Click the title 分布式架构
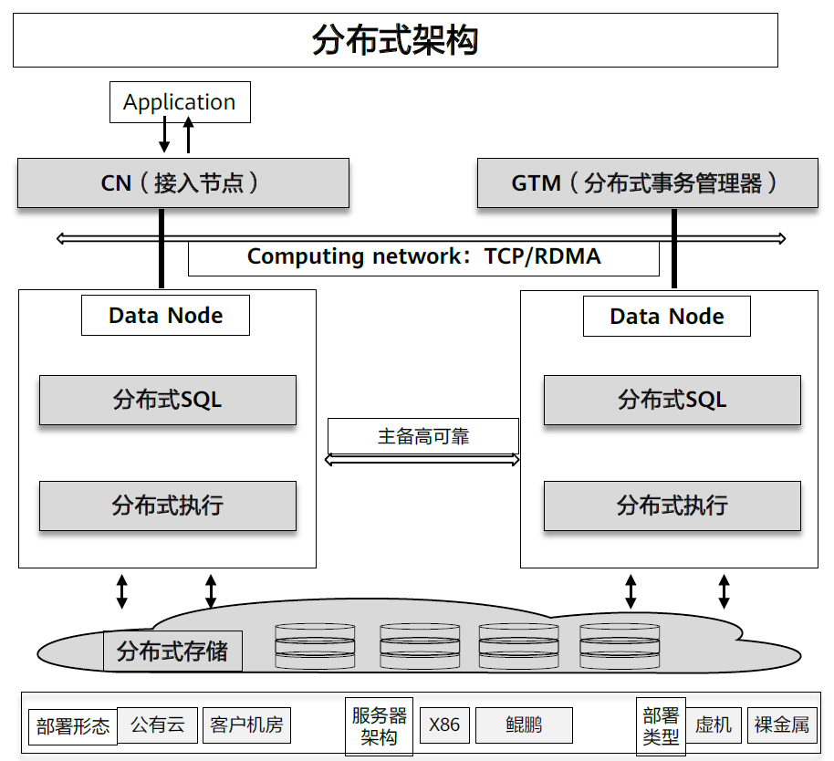(x=395, y=41)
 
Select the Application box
(x=180, y=102)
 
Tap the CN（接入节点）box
(x=183, y=182)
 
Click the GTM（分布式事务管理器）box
(x=647, y=182)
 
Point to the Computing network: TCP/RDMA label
(x=423, y=256)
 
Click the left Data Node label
(x=165, y=316)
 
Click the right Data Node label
(x=666, y=317)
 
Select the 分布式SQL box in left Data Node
(x=168, y=400)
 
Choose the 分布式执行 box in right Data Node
(x=672, y=506)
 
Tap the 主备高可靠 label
(x=423, y=436)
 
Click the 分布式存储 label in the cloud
(x=172, y=652)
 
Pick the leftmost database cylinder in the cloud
(x=315, y=647)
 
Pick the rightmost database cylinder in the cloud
(x=620, y=647)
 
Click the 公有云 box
(x=157, y=725)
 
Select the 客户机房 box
(x=246, y=725)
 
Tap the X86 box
(x=444, y=725)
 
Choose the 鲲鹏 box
(x=524, y=725)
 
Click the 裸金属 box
(x=782, y=725)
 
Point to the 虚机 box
(x=714, y=725)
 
